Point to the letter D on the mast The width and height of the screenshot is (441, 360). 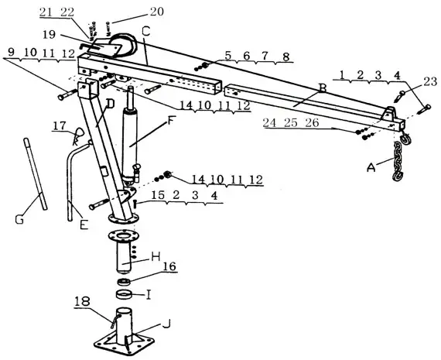click(x=110, y=103)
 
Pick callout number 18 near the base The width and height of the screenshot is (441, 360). click(x=82, y=300)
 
